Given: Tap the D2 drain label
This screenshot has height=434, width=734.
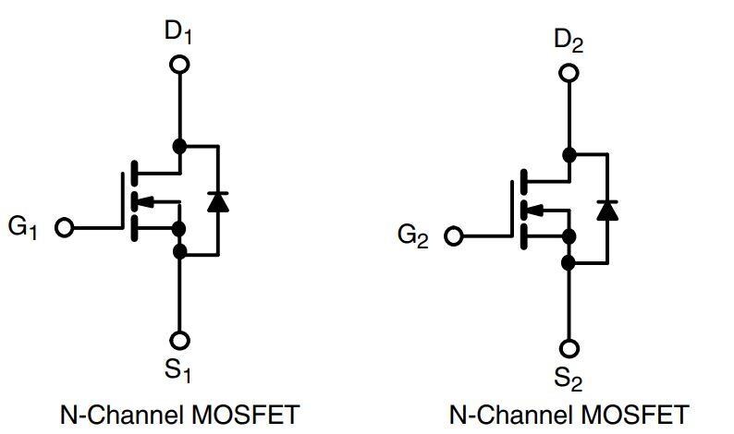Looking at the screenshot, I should tap(569, 42).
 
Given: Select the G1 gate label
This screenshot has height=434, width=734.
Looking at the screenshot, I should tap(24, 227).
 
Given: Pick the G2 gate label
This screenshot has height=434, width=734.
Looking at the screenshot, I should tap(413, 235).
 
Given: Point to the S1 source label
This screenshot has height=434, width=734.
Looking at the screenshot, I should tap(178, 372).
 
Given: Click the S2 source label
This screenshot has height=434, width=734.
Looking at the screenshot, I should tap(569, 379).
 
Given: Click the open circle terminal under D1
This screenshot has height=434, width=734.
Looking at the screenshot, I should tap(180, 64).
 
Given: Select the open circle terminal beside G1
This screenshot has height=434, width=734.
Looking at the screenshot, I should tap(64, 227).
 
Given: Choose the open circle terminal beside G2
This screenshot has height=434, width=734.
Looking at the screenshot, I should tap(453, 236).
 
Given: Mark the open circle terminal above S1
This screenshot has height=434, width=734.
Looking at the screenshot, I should tap(180, 341).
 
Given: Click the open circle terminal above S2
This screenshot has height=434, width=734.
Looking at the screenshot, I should tap(569, 348).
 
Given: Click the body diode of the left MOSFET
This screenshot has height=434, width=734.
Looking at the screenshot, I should tap(218, 200).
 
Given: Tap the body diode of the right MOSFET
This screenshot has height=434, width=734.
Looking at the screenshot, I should tap(607, 209).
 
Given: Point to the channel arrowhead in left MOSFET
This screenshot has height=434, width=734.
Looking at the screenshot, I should tap(144, 200).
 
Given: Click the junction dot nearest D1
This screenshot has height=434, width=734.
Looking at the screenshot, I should tap(180, 146).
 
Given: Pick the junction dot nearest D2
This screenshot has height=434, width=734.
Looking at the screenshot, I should tap(569, 154).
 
